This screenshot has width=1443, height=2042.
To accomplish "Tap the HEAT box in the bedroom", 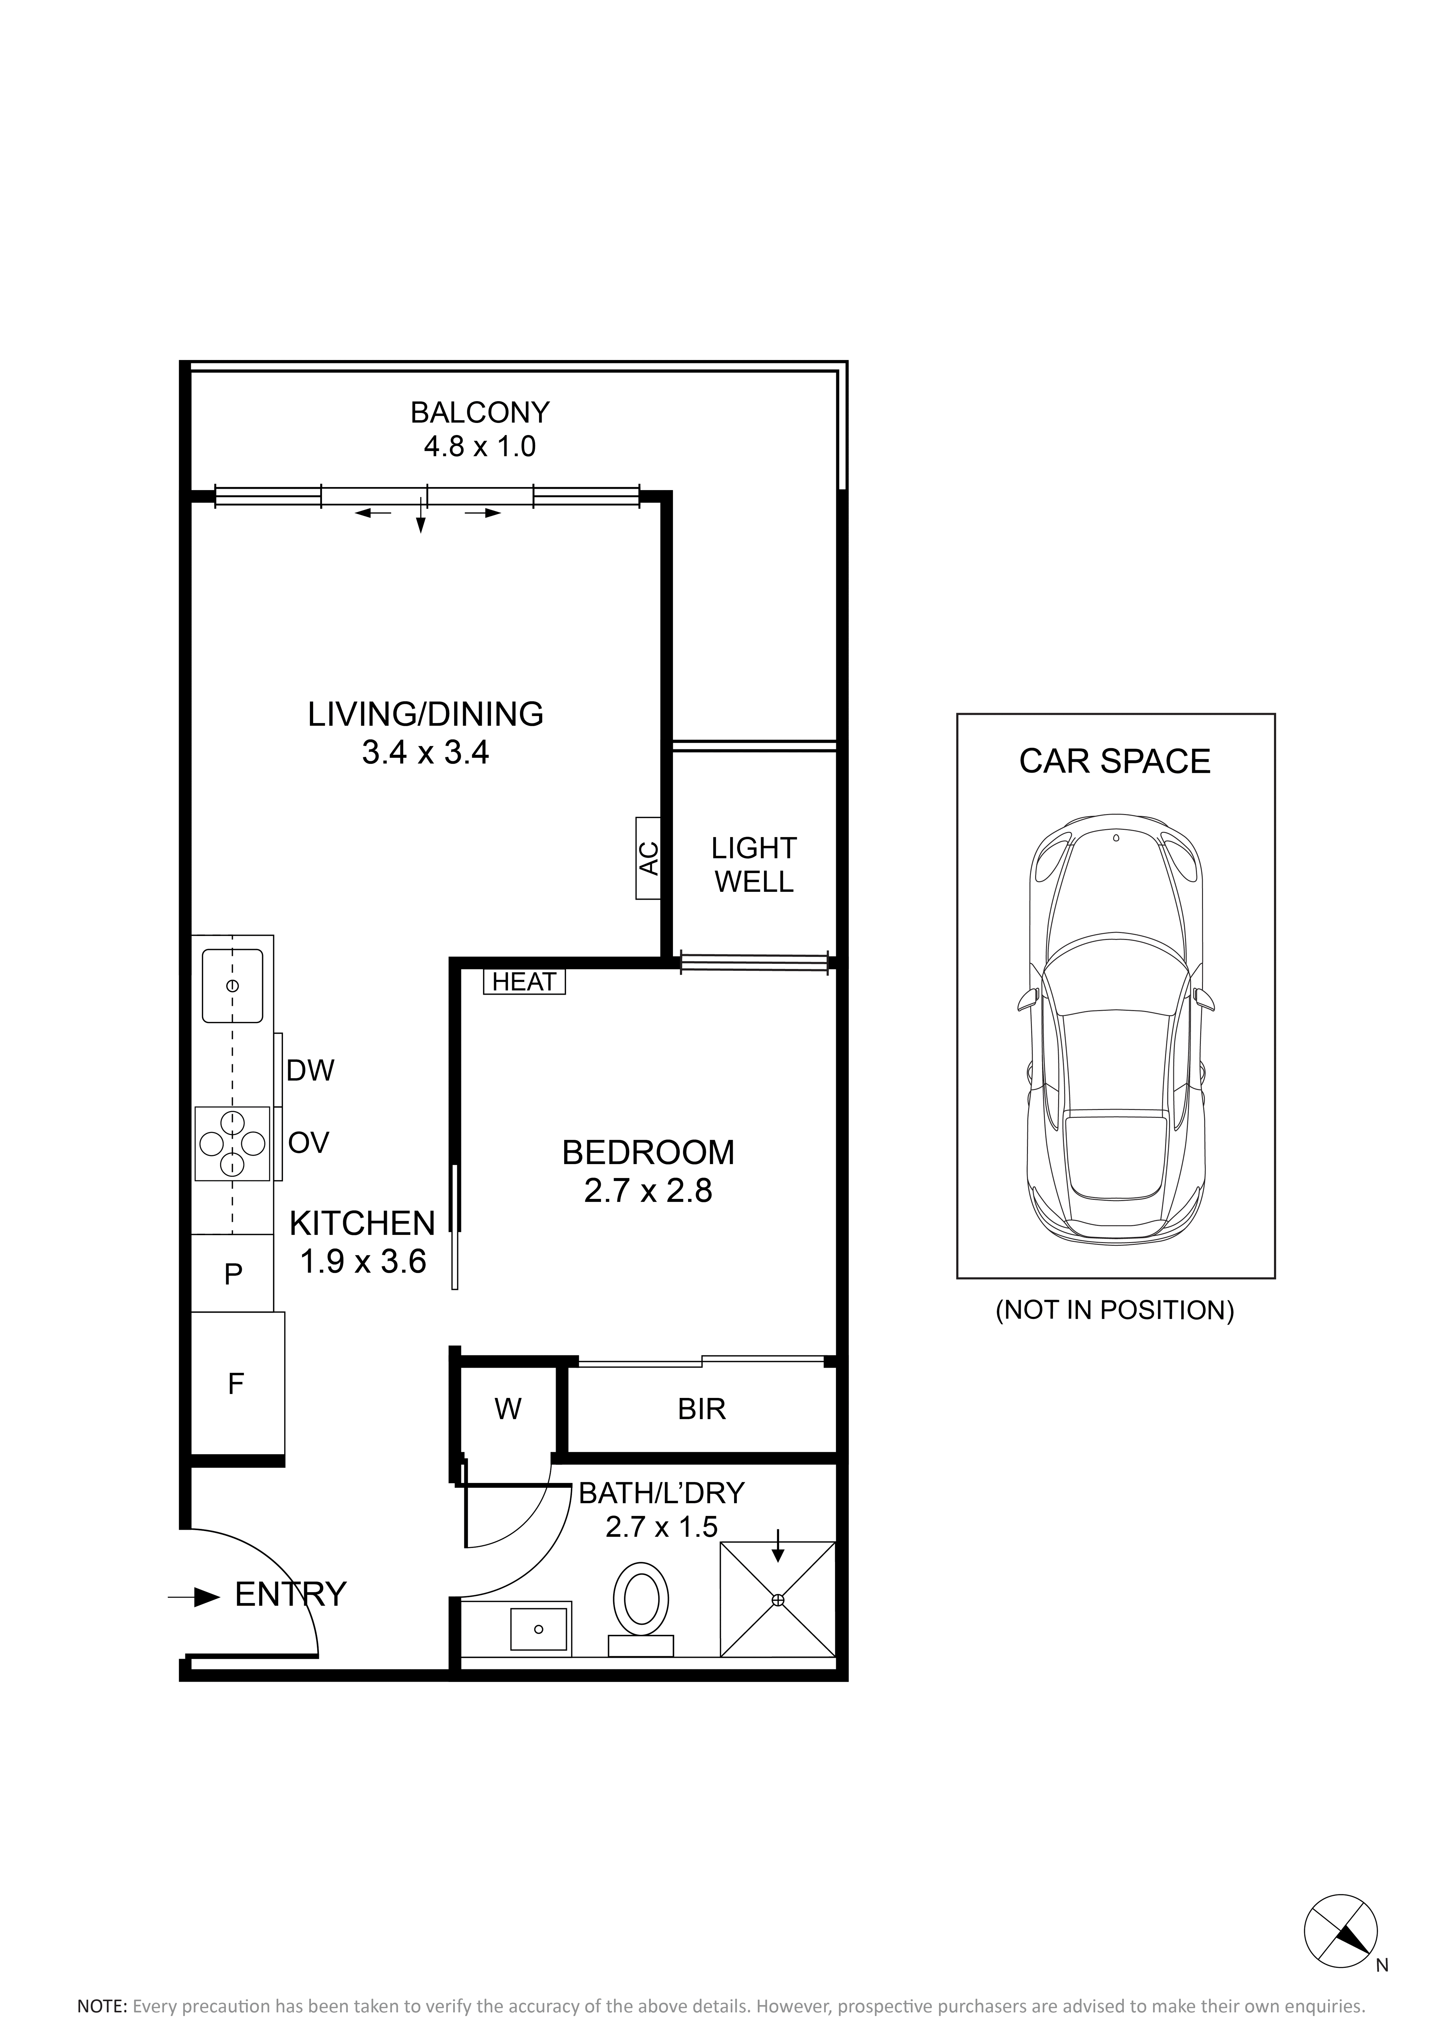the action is pyautogui.click(x=524, y=982).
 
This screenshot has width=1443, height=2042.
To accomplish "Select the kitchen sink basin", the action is pyautogui.click(x=232, y=985).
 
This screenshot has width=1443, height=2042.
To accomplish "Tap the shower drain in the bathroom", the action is pyautogui.click(x=778, y=1600).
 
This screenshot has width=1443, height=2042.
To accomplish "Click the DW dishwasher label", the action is pyautogui.click(x=310, y=1071).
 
